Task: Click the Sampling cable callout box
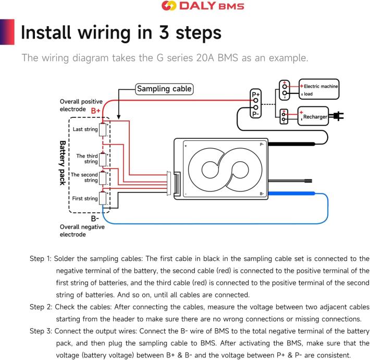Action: (x=164, y=89)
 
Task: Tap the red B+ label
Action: (x=96, y=111)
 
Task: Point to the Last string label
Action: (x=85, y=129)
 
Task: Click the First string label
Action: (x=85, y=198)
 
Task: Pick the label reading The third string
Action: (x=87, y=159)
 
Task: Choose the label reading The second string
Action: (x=84, y=177)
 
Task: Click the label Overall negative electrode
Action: (x=82, y=231)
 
